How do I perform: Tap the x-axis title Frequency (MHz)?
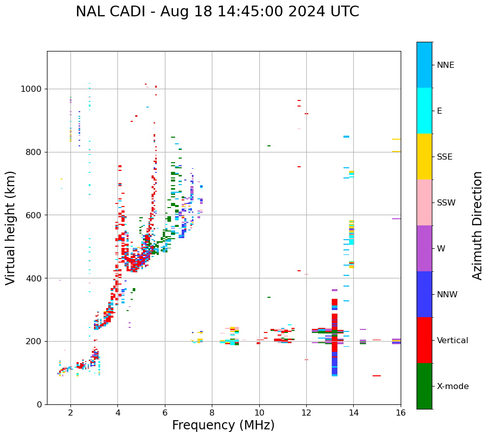pyautogui.click(x=223, y=425)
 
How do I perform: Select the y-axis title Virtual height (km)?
pyautogui.click(x=11, y=228)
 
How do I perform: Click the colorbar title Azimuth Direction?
pyautogui.click(x=477, y=225)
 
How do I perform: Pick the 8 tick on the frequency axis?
pyautogui.click(x=212, y=413)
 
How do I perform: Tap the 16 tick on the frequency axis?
pyautogui.click(x=401, y=413)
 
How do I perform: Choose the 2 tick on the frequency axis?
pyautogui.click(x=70, y=413)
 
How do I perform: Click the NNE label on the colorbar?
pyautogui.click(x=445, y=65)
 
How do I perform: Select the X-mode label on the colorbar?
pyautogui.click(x=452, y=387)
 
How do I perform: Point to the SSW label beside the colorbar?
pyautogui.click(x=446, y=203)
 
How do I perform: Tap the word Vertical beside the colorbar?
pyautogui.click(x=452, y=341)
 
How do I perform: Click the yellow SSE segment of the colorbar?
pyautogui.click(x=424, y=157)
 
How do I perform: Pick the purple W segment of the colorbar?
pyautogui.click(x=424, y=248)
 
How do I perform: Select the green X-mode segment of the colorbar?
pyautogui.click(x=424, y=386)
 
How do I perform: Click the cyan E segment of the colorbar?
pyautogui.click(x=424, y=111)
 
